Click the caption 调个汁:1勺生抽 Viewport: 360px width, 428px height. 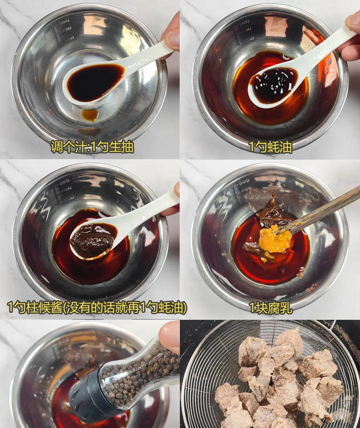point(92,147)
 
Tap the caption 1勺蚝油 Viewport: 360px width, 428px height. point(270,147)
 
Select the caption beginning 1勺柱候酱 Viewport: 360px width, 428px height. point(97,307)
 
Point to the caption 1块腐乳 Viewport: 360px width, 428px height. point(270,307)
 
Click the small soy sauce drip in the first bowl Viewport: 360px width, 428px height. point(90,115)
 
